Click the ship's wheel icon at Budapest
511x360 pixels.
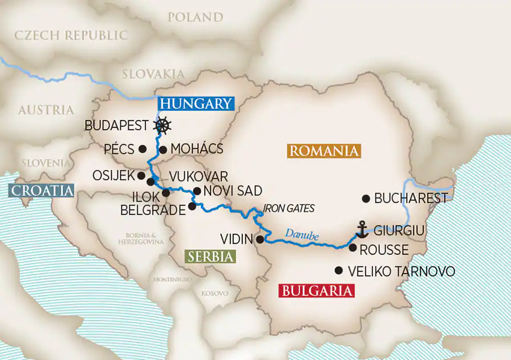coord(163,125)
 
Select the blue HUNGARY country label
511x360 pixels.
coord(196,103)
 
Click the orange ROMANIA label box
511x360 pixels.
coord(324,151)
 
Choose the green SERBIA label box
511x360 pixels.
coord(210,256)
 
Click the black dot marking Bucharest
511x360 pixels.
coord(366,199)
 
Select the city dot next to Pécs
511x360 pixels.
coord(142,149)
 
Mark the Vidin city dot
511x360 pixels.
coord(260,239)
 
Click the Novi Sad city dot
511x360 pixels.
coord(197,191)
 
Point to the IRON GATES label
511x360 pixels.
coord(289,208)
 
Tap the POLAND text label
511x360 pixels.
coord(195,17)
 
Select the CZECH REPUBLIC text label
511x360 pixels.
coord(71,35)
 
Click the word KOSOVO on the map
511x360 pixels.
coord(214,293)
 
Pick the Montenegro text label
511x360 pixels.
coord(172,280)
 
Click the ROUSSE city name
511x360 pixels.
coord(384,250)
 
